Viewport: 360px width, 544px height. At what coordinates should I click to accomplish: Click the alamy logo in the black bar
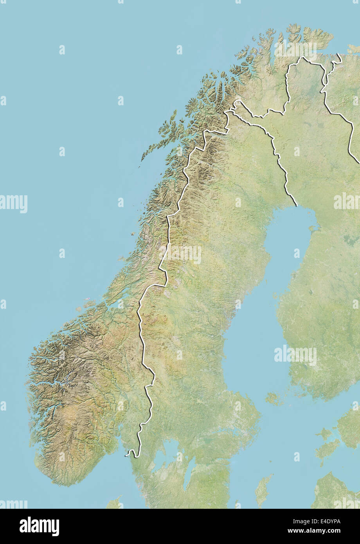click(39, 526)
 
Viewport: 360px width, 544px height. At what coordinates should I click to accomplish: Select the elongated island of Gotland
click(263, 489)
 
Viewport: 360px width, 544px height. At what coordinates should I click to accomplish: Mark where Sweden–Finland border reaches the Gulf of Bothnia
click(296, 205)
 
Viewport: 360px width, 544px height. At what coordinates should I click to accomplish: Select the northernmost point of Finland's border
click(302, 58)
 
